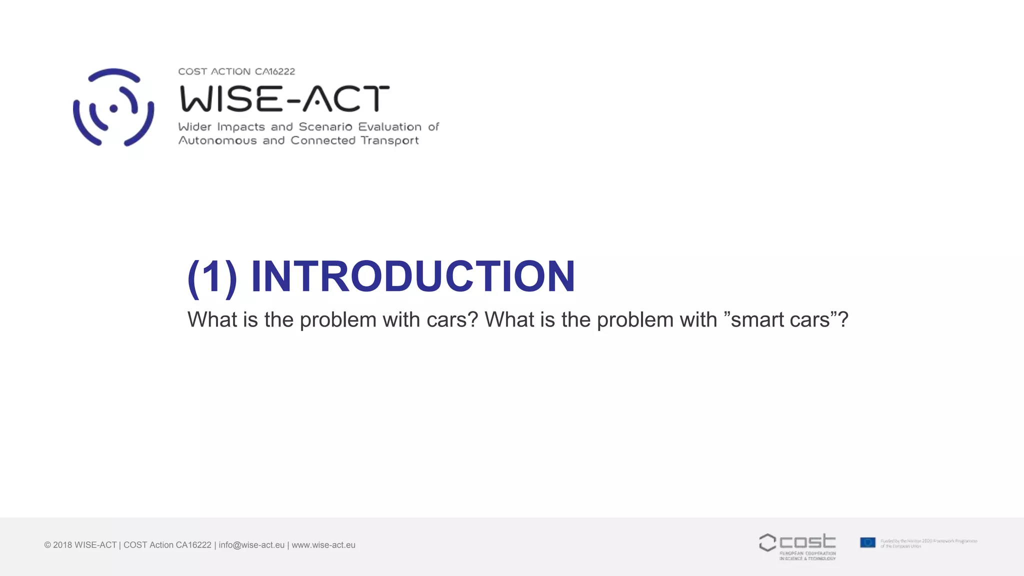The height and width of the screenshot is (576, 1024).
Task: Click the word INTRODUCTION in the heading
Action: point(413,276)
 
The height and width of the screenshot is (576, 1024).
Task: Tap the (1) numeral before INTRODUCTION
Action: point(212,277)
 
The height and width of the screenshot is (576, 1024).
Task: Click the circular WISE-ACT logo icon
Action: point(113,107)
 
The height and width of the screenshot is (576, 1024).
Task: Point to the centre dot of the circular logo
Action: point(113,108)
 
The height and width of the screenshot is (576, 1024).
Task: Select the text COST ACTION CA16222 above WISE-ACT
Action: point(236,71)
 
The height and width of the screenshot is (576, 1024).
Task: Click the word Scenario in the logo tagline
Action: point(325,127)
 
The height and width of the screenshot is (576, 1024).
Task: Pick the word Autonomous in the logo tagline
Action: point(217,140)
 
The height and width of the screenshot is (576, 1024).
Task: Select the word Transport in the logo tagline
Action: point(389,140)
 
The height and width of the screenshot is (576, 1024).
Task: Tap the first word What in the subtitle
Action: point(212,320)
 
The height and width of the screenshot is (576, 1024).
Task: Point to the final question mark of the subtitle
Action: point(843,320)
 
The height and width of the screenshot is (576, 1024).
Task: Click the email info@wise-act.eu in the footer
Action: point(251,545)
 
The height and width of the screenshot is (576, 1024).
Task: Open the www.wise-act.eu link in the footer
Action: point(323,545)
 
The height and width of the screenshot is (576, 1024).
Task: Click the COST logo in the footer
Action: point(797,546)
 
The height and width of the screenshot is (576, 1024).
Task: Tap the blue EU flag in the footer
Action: point(867,542)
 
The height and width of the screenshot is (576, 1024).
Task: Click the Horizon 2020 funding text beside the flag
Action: point(928,543)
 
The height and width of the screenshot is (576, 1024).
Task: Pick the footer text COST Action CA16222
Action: point(167,545)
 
